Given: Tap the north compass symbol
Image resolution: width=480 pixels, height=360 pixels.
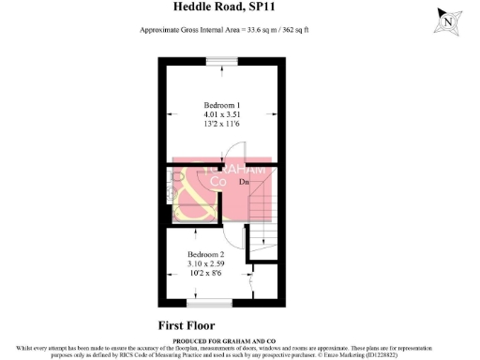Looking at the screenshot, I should (450, 20).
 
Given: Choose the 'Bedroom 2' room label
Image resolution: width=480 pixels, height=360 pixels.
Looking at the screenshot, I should (205, 255).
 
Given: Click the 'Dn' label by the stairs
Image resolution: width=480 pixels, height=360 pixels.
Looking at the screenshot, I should (243, 183).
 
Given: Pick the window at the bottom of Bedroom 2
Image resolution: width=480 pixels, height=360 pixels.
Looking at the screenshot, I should (207, 303).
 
